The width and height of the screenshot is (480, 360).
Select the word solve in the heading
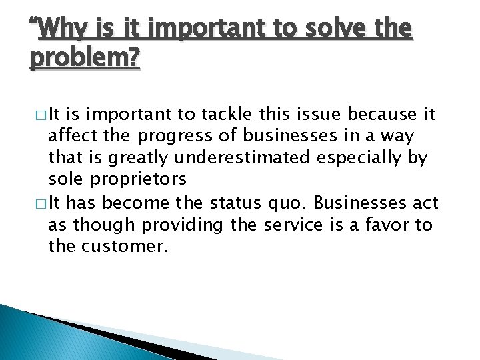(x=318, y=29)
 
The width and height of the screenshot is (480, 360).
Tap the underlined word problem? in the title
(x=85, y=58)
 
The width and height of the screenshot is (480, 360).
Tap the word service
(x=291, y=224)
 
